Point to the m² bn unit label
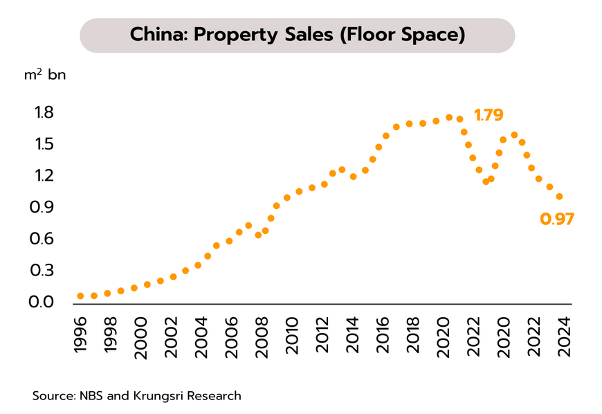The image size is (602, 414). pyautogui.click(x=45, y=75)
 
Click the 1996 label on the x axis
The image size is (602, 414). pyautogui.click(x=80, y=337)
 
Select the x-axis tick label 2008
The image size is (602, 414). pyautogui.click(x=261, y=337)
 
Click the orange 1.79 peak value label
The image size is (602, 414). pyautogui.click(x=489, y=115)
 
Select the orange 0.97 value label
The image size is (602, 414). pyautogui.click(x=557, y=219)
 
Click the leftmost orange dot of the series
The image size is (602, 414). pyautogui.click(x=80, y=296)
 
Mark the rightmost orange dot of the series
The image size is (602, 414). pyautogui.click(x=559, y=197)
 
